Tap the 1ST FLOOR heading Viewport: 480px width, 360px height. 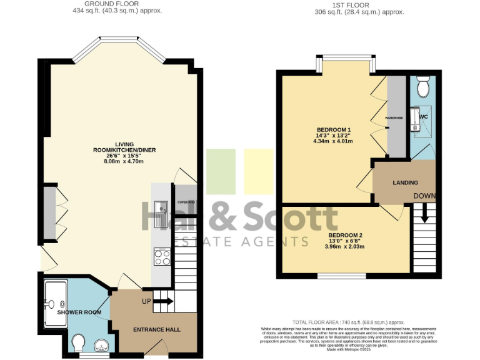click(360, 4)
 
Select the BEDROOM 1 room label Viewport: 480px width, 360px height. click(333, 129)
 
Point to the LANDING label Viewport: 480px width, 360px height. click(405, 182)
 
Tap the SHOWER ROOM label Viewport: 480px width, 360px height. click(79, 312)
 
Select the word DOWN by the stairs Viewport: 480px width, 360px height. click(424, 196)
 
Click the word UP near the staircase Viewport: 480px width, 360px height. click(147, 301)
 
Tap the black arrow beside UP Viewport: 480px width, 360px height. click(164, 301)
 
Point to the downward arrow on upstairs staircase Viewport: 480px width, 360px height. click(424, 214)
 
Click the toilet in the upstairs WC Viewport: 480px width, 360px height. click(423, 87)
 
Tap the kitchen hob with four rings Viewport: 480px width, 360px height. click(161, 256)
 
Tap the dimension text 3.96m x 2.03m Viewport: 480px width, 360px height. click(346, 246)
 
